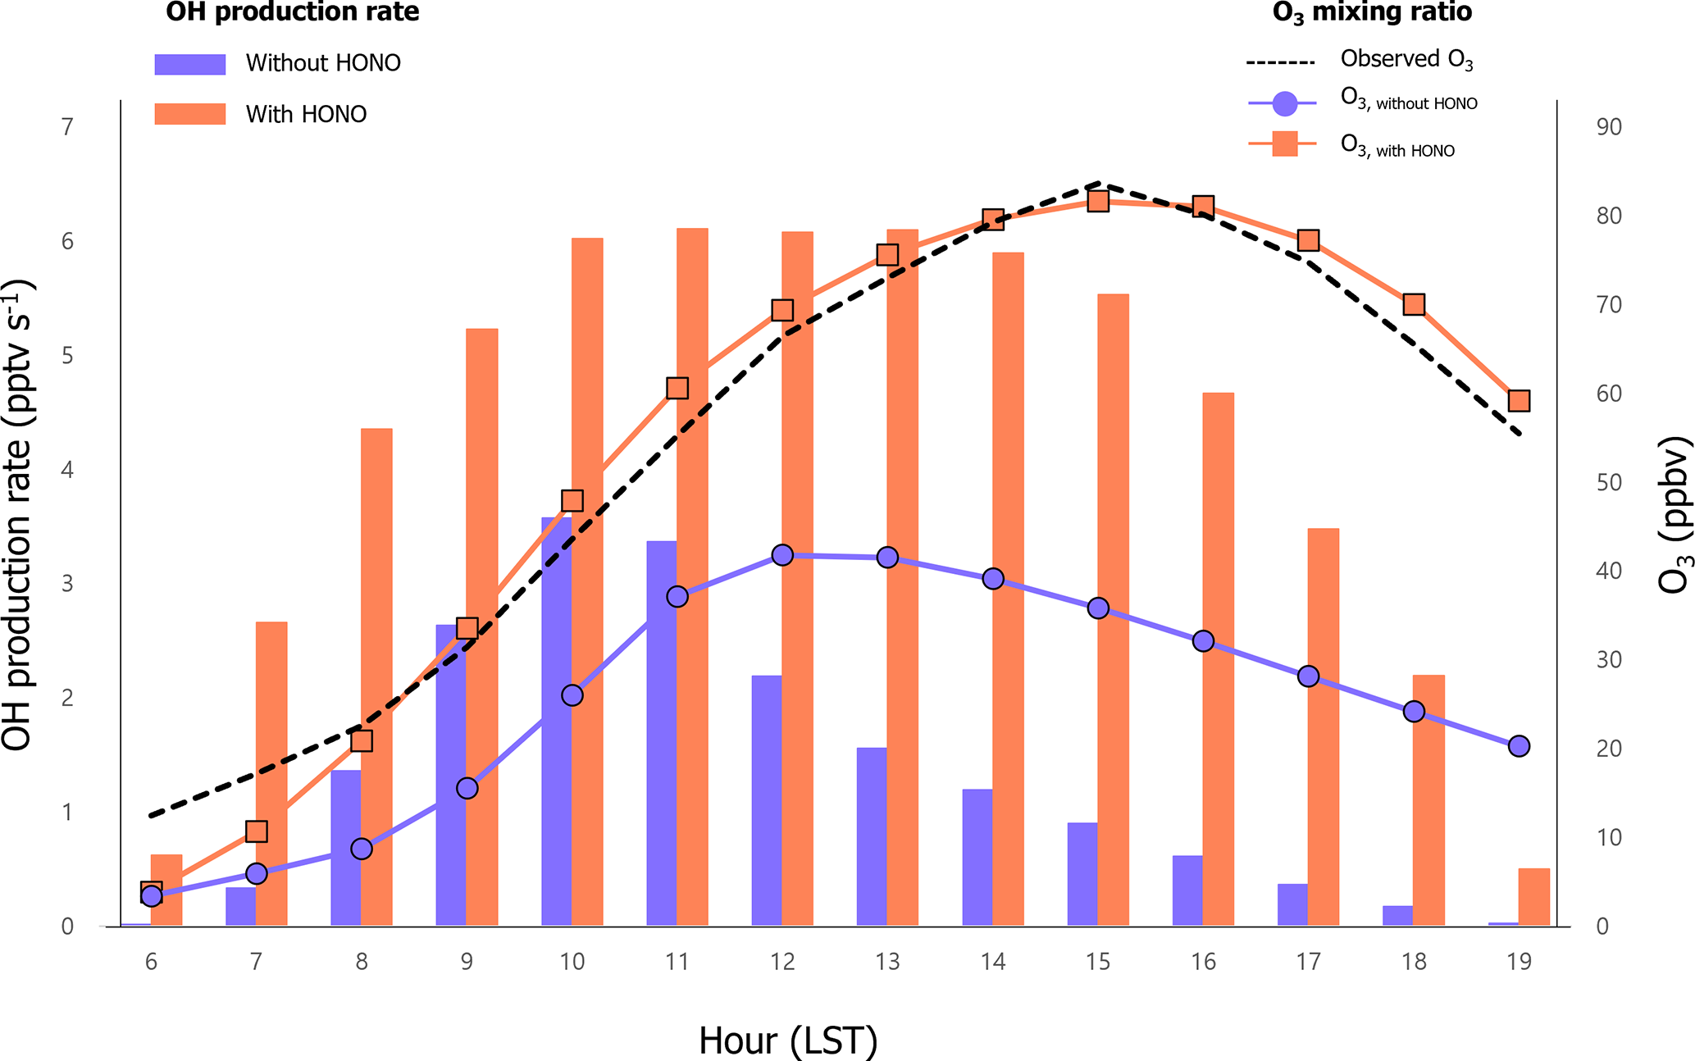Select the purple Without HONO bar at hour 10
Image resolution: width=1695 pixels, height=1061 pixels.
click(556, 722)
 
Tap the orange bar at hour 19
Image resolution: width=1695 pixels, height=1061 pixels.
click(1533, 897)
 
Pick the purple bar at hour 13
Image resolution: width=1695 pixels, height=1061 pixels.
click(871, 836)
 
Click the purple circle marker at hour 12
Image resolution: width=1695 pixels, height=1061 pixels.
click(782, 555)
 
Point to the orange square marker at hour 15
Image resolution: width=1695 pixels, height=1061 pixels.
click(1098, 201)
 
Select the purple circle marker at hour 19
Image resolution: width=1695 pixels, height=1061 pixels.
click(1519, 746)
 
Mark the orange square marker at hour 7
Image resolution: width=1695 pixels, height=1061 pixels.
click(257, 831)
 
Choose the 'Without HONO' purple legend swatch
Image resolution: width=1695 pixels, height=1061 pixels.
click(190, 64)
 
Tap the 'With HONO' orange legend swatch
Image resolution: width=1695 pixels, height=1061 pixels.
click(190, 114)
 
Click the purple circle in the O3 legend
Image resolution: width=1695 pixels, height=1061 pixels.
click(1284, 103)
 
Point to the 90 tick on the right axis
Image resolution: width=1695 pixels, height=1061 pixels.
click(1609, 127)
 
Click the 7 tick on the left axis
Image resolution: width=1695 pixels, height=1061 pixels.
click(67, 127)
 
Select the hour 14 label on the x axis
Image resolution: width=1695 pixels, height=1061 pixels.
click(992, 962)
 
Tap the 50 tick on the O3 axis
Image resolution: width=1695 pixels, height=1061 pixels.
click(1609, 482)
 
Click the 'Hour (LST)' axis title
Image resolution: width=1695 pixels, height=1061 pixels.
click(788, 1041)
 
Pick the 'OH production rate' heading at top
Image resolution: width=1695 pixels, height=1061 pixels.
click(293, 12)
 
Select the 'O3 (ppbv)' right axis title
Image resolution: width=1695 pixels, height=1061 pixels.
click(1674, 514)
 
